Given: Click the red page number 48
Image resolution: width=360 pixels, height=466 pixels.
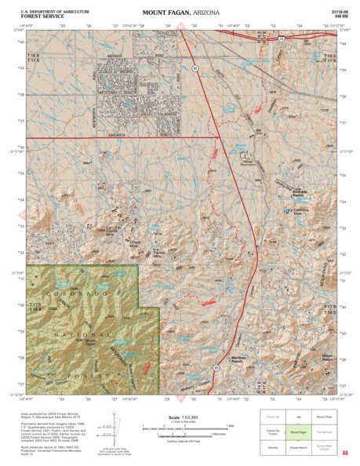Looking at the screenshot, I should click(344, 452).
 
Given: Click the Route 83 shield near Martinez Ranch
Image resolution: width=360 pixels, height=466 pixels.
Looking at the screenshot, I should click(216, 367).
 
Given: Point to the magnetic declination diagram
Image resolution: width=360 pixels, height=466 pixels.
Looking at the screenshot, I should click(118, 428).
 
